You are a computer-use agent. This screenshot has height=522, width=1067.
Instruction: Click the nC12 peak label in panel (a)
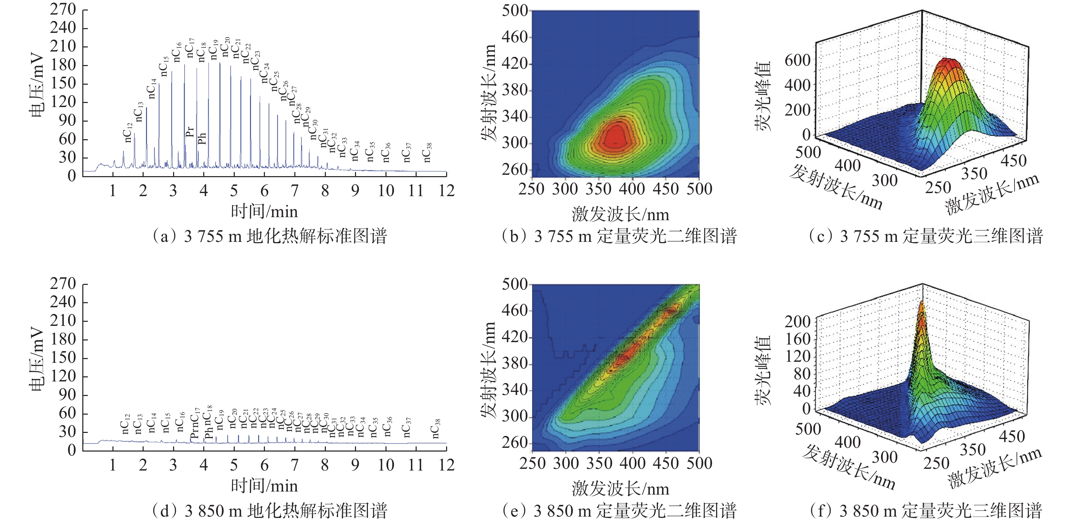click(x=128, y=132)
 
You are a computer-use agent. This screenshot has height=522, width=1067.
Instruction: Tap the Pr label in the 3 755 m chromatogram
click(x=190, y=132)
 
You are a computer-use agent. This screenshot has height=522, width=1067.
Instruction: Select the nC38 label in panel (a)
click(x=427, y=152)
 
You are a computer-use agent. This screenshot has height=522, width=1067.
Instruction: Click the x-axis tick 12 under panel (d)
click(x=446, y=465)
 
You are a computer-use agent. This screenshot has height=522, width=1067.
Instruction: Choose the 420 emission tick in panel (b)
click(x=515, y=64)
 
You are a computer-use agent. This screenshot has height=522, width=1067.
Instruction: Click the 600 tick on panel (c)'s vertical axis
click(x=797, y=61)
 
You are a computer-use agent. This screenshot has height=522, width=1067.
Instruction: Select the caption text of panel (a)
click(x=270, y=236)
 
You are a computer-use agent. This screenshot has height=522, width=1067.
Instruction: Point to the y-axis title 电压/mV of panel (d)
click(x=37, y=360)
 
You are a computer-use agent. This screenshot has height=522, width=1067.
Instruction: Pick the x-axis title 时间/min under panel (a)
click(x=264, y=212)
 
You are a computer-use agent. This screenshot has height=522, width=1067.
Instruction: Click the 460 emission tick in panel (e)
click(x=515, y=310)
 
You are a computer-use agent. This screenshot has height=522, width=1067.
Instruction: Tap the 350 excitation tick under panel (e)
click(x=599, y=463)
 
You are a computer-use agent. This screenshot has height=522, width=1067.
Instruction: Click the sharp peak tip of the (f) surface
click(x=922, y=304)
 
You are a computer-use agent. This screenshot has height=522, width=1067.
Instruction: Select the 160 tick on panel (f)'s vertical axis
click(x=797, y=339)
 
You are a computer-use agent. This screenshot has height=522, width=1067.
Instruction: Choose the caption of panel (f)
click(x=926, y=510)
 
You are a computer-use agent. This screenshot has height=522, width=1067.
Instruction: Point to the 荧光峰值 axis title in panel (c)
click(x=762, y=96)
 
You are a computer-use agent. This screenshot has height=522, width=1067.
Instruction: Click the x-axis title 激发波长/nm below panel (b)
click(x=620, y=215)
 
